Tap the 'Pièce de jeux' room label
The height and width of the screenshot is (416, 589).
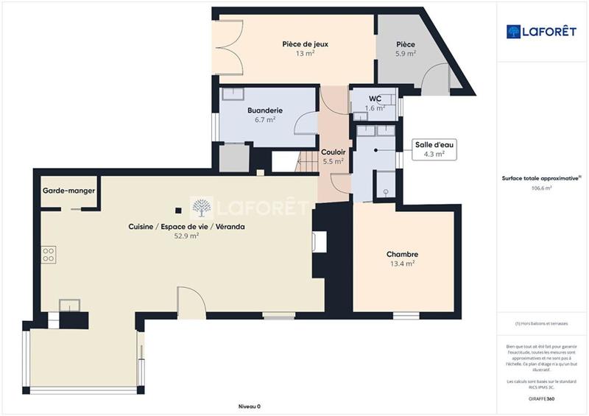[x=305, y=44]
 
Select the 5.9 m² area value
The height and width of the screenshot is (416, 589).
[x=405, y=54]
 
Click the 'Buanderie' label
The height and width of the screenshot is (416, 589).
[x=265, y=109]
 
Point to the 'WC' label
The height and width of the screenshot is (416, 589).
[x=375, y=97]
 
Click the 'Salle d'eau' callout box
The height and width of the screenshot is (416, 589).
[x=432, y=149]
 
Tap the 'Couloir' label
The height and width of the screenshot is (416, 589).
[x=333, y=152]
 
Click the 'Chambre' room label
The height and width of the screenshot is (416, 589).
[x=402, y=254]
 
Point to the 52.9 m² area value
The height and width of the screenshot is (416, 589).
[x=188, y=237]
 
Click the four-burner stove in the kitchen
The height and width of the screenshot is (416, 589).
[x=49, y=254]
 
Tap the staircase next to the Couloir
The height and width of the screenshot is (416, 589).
[x=306, y=161]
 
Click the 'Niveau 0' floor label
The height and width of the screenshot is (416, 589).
[x=249, y=406]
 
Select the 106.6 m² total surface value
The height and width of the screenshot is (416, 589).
[x=542, y=188]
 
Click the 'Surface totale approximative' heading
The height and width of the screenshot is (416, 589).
[x=541, y=178]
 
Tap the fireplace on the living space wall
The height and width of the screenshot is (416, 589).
[x=319, y=242]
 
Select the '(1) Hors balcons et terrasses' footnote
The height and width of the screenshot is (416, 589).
[x=542, y=324]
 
